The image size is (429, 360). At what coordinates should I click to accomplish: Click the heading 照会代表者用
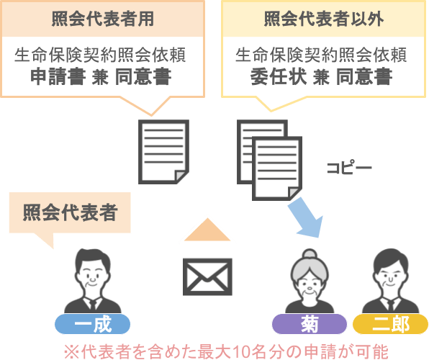[x=103, y=19]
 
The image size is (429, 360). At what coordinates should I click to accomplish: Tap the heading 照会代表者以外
[x=324, y=19]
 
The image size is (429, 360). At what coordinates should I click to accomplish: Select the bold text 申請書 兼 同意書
[x=101, y=76]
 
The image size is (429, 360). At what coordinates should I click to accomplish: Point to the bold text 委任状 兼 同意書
[x=322, y=76]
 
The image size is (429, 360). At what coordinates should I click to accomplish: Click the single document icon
[x=163, y=152]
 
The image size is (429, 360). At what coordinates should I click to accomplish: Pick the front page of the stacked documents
[x=277, y=168]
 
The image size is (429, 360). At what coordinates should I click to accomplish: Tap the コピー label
[x=349, y=167]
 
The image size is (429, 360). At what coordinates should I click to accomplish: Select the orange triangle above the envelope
[x=207, y=232]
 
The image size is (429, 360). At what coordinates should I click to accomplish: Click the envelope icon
[x=207, y=276]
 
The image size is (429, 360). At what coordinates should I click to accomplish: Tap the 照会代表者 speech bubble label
[x=70, y=212]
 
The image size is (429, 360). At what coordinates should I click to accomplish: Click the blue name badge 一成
[x=92, y=324]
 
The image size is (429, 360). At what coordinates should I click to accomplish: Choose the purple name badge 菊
[x=310, y=324]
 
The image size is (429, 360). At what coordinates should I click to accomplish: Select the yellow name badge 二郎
[x=390, y=324]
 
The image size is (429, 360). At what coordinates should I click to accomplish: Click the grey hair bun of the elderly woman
[x=310, y=253]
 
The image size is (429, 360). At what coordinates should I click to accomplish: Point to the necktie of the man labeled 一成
[x=92, y=305]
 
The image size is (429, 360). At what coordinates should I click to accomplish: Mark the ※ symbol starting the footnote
[x=72, y=352]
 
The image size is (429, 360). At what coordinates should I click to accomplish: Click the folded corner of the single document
[x=181, y=176]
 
